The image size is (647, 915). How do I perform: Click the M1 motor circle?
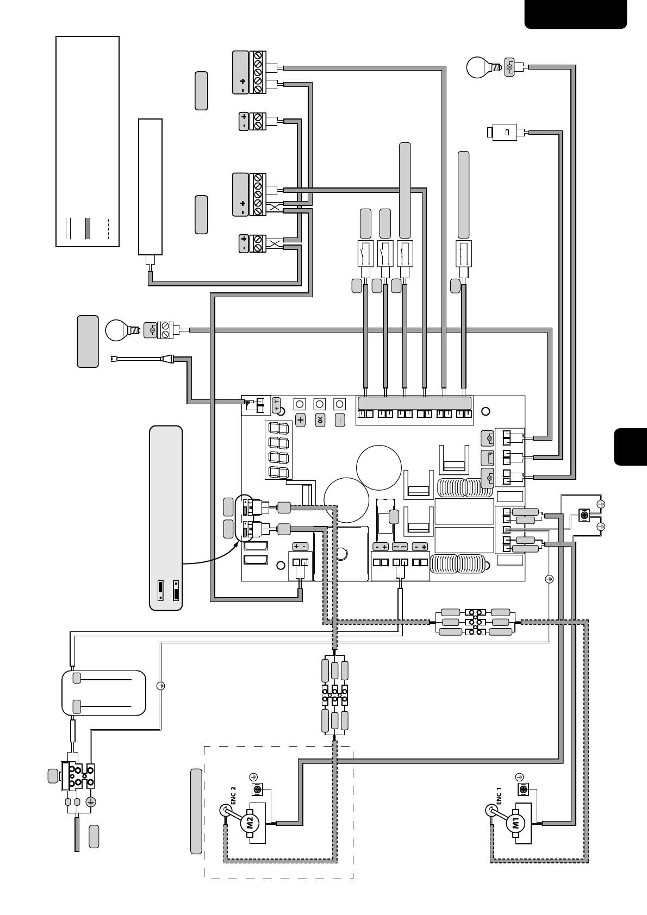(x=515, y=823)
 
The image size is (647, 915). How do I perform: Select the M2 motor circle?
(x=250, y=822)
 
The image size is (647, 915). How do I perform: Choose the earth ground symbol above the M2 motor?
(x=253, y=776)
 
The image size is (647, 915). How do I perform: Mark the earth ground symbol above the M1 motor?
(x=519, y=777)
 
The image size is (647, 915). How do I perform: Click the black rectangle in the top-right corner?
(x=575, y=14)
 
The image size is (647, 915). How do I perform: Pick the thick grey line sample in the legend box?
(x=87, y=228)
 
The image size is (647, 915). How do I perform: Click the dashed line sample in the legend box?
(x=109, y=228)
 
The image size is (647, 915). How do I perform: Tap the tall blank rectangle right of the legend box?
(x=151, y=186)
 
